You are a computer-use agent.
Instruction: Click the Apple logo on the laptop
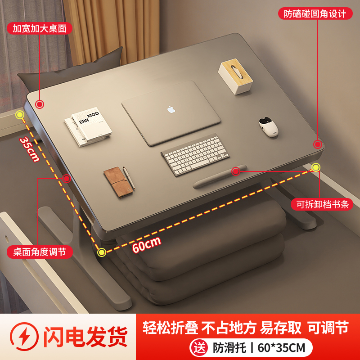pyautogui.click(x=171, y=109)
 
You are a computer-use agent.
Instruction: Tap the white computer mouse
pyautogui.click(x=269, y=127)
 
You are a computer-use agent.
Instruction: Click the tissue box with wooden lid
pyautogui.click(x=236, y=77)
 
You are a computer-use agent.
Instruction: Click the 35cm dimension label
pyautogui.click(x=30, y=149)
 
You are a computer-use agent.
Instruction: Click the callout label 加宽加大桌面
pyautogui.click(x=40, y=29)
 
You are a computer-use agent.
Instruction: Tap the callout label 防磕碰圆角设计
pyautogui.click(x=315, y=13)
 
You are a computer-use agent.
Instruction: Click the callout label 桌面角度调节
pyautogui.click(x=40, y=252)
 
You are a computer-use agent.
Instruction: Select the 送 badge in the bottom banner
pyautogui.click(x=199, y=348)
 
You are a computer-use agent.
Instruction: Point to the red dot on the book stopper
pyautogui.click(x=235, y=171)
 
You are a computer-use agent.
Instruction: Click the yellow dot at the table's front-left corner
pyautogui.click(x=102, y=252)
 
